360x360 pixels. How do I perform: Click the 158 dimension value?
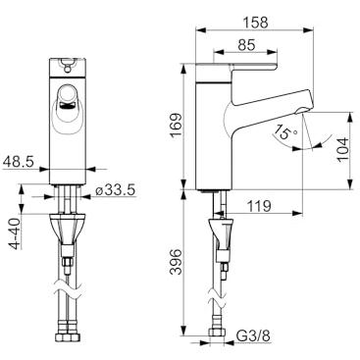[255, 23]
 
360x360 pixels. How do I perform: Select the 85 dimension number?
[246, 45]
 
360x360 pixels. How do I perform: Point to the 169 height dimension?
[176, 126]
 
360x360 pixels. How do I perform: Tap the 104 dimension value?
[343, 149]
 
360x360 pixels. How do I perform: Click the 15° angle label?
[285, 132]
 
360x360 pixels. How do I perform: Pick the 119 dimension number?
[258, 206]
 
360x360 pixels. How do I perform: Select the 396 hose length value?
[176, 262]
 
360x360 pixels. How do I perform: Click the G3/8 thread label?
[253, 336]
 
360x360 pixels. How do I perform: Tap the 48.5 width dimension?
[18, 162]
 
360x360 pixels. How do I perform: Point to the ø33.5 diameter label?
[116, 190]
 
